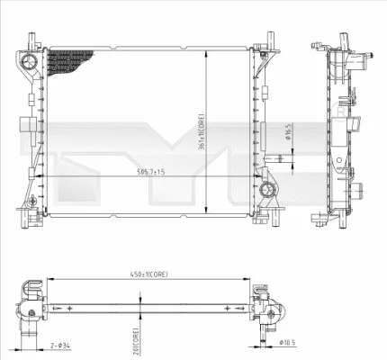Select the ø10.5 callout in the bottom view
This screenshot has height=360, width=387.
pos(288,343)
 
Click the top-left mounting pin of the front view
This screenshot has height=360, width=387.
pos(31,40)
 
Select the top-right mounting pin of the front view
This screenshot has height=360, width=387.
pos(267,40)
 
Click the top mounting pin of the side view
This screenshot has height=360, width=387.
pos(344,40)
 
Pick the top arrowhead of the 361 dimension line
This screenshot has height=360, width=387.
pos(209,52)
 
